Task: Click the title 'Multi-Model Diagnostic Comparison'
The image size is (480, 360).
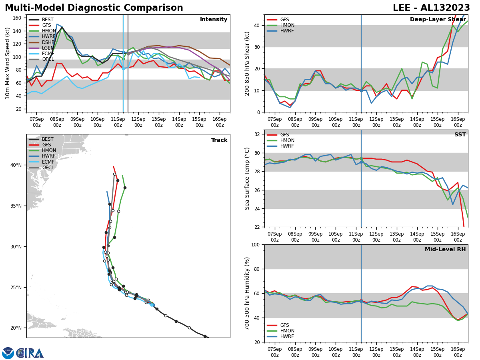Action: click(94, 8)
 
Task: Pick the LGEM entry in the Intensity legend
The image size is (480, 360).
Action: click(48, 48)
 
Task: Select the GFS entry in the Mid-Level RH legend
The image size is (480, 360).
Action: click(284, 325)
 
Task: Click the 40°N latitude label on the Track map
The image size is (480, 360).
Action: click(16, 165)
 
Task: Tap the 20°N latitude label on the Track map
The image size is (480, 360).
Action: click(16, 328)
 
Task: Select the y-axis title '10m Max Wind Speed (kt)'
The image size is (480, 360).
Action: click(7, 63)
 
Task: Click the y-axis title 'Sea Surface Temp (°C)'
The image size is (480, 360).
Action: click(247, 178)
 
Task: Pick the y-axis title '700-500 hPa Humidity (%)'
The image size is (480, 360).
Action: click(247, 293)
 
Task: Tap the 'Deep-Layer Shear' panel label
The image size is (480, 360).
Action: click(438, 20)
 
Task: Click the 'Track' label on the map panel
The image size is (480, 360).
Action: click(219, 140)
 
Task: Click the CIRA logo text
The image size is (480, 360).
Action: click(30, 353)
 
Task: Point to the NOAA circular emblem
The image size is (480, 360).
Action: click(8, 353)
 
